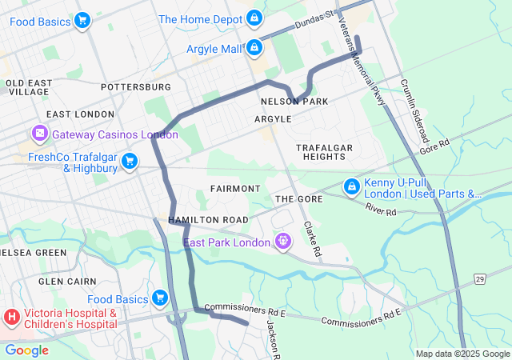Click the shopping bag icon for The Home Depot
pyautogui.click(x=254, y=18)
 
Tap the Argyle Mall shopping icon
pyautogui.click(x=254, y=48)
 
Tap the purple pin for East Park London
pyautogui.click(x=282, y=242)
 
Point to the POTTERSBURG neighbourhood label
pyautogui.click(x=136, y=86)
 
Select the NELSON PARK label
pyautogui.click(x=294, y=102)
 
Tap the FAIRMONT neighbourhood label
pyautogui.click(x=235, y=188)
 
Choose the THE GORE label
pyautogui.click(x=298, y=198)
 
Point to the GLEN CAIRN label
pyautogui.click(x=67, y=281)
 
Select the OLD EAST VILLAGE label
pyautogui.click(x=29, y=87)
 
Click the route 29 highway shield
pyautogui.click(x=479, y=278)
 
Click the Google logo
pyautogui.click(x=26, y=350)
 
